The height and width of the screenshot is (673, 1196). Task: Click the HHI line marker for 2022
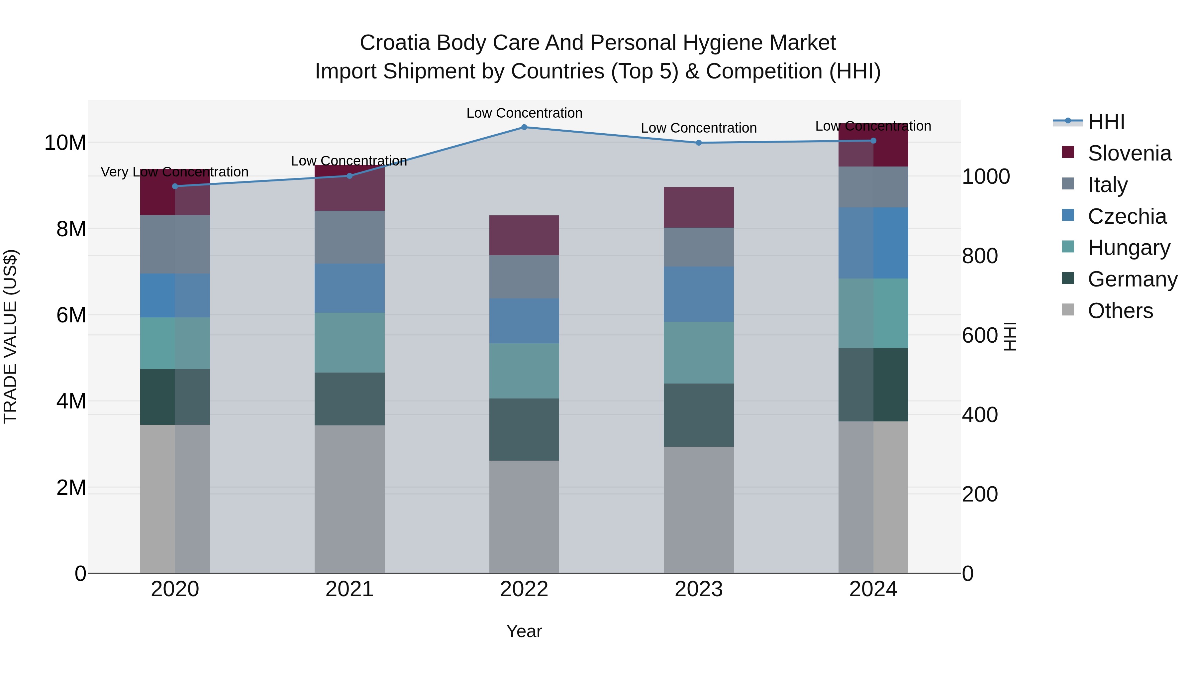pyautogui.click(x=524, y=127)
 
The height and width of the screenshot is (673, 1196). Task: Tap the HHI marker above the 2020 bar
pyautogui.click(x=175, y=186)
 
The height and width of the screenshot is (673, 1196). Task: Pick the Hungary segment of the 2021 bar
pyautogui.click(x=349, y=342)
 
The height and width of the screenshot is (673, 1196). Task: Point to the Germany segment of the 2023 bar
pyautogui.click(x=698, y=415)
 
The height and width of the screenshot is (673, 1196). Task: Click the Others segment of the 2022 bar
pyautogui.click(x=524, y=516)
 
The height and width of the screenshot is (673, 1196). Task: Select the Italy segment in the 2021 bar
pyautogui.click(x=349, y=237)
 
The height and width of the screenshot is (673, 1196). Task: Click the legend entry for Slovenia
pyautogui.click(x=1129, y=153)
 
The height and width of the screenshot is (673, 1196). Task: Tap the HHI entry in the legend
pyautogui.click(x=1106, y=122)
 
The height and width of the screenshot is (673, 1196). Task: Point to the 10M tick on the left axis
pyautogui.click(x=65, y=143)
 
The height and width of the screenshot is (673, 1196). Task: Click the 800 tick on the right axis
pyautogui.click(x=980, y=256)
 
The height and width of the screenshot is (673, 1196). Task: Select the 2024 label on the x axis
pyautogui.click(x=873, y=589)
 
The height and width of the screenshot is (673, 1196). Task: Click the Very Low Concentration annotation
pyautogui.click(x=174, y=172)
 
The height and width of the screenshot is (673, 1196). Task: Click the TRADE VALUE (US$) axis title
pyautogui.click(x=10, y=336)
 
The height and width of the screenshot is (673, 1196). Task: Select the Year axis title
pyautogui.click(x=524, y=631)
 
